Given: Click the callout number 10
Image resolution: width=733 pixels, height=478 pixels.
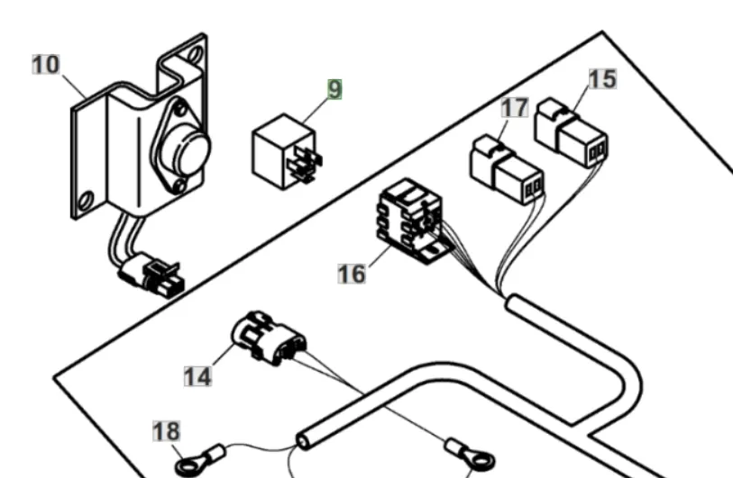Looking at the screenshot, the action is (46, 65).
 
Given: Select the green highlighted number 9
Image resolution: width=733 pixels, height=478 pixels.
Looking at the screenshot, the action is (334, 89).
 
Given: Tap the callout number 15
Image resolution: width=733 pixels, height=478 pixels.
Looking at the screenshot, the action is (602, 79).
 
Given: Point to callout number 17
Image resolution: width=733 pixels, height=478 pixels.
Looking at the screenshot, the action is (515, 107).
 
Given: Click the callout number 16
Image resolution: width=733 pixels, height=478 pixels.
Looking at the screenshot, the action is (352, 274).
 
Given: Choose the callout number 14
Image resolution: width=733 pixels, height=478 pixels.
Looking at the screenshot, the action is (197, 376).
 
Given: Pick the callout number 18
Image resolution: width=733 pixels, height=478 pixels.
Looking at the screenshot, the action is (167, 431).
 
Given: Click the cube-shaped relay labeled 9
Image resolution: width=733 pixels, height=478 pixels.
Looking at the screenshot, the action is (286, 151).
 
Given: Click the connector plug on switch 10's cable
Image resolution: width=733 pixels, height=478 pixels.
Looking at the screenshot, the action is (153, 275).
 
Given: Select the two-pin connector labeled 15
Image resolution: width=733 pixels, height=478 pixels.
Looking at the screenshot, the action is (571, 132).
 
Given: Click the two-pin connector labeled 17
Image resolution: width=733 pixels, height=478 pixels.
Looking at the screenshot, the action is (507, 169).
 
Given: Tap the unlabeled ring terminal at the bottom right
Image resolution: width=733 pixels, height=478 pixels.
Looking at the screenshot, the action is (471, 455).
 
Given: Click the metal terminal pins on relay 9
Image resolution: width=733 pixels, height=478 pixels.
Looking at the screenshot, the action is (305, 163).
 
